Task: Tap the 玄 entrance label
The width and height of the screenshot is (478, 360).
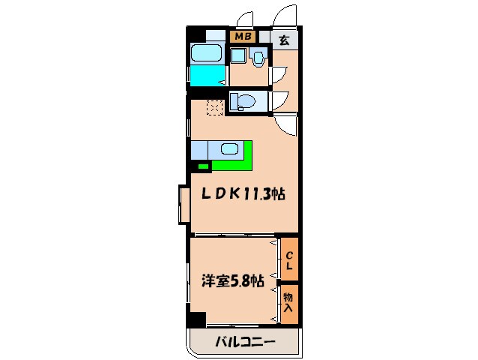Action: coord(285,40)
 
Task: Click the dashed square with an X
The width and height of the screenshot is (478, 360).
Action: coord(214,108)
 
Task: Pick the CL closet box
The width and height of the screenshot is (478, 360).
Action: coord(289,259)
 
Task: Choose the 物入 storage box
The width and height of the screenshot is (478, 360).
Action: coord(289,304)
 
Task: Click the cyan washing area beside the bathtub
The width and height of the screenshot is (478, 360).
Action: coord(208,76)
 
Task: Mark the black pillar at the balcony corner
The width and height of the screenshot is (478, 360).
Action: coord(197,319)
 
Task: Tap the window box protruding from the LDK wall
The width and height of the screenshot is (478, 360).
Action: coord(184,203)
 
